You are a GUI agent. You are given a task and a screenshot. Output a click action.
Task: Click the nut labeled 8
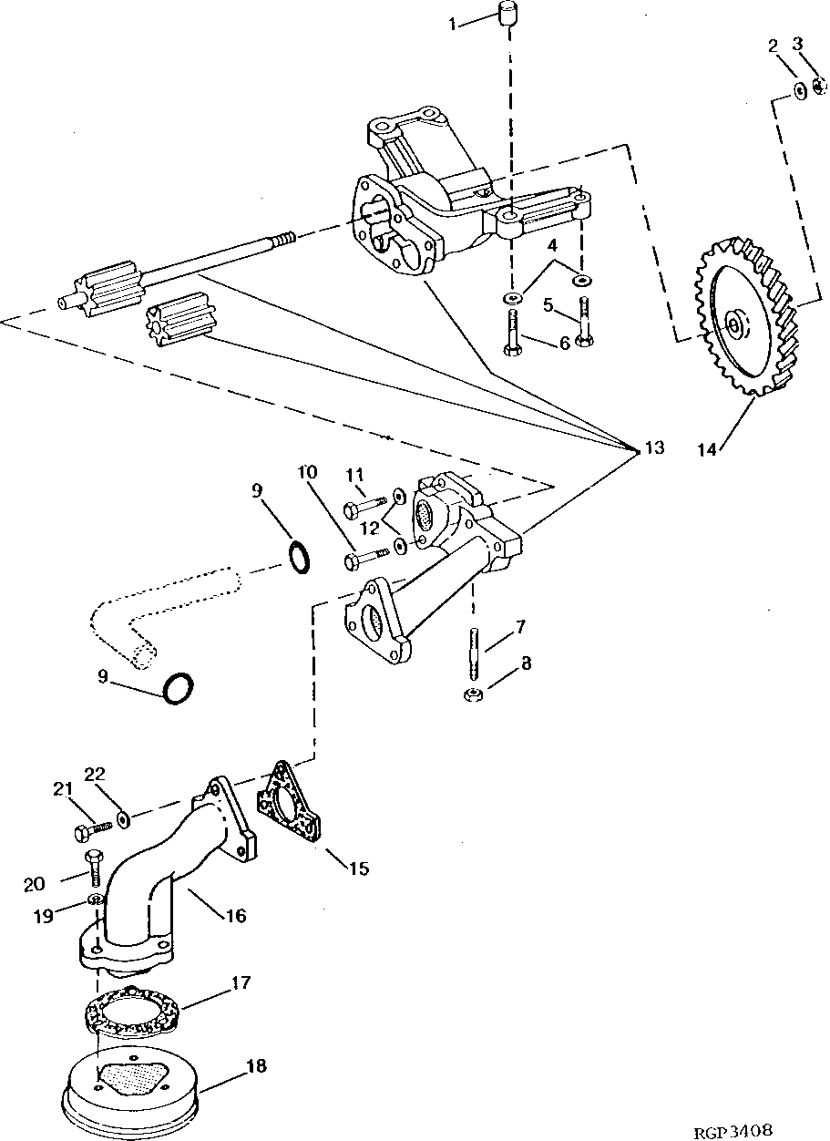point(472,695)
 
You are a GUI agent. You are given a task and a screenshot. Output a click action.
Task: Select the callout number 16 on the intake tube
point(235,915)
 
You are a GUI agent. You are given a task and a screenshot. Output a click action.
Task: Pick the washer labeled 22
point(124,820)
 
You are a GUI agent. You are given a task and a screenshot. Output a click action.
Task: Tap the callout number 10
point(306,472)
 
